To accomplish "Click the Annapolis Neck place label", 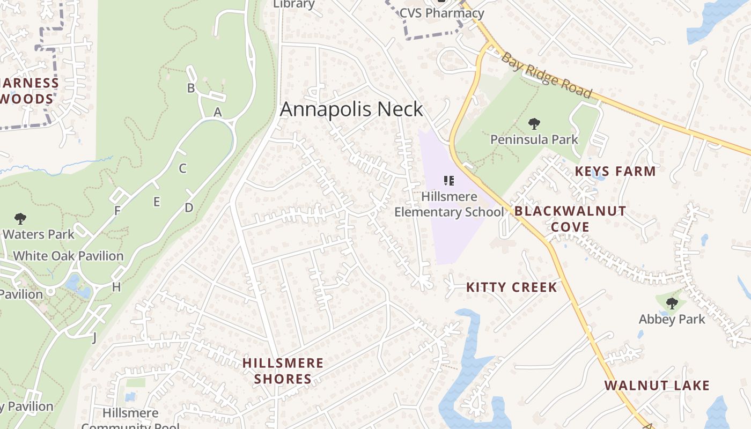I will pos(351,109).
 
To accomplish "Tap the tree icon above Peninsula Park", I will pos(534,124).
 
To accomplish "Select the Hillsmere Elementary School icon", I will pos(449,181).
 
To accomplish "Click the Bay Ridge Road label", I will pos(547,75).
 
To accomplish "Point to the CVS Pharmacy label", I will pos(441,13).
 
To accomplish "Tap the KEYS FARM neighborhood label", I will pos(615,172).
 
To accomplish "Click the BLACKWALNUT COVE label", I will pos(570,219).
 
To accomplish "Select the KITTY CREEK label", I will pos(512,287).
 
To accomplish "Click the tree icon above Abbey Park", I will pos(672,304).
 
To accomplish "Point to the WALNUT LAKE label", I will pos(657,386).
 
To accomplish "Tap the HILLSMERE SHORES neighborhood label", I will pos(283,371).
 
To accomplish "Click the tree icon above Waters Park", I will pos(20,219).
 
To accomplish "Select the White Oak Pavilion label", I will pos(68,256).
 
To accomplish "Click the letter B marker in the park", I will pos(190,88).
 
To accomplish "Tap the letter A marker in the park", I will pos(217,113).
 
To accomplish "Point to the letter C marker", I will pos(182,168).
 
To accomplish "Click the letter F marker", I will pos(117,211).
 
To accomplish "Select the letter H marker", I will pos(116,287).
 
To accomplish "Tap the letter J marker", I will pos(94,337).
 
